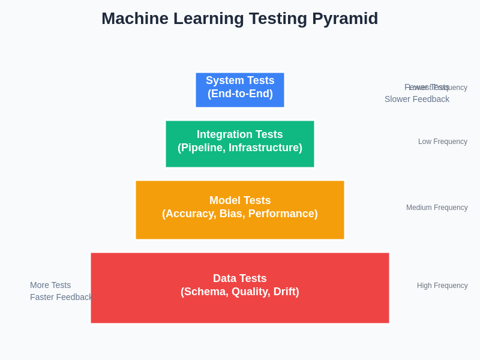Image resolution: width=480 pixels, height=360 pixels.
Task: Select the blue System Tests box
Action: coord(240,90)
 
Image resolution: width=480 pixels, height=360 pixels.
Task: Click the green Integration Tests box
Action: coord(240,144)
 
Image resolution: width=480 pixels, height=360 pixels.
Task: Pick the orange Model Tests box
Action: coord(240,210)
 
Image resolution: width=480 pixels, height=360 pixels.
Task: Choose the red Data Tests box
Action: coord(240,288)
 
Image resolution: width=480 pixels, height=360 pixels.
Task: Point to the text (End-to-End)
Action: coord(240,94)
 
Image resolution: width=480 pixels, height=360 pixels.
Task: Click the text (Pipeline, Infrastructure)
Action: coord(240,148)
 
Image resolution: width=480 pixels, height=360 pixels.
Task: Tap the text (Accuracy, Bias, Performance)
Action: coord(240,214)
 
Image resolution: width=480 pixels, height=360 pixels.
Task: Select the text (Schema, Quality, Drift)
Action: coord(240,292)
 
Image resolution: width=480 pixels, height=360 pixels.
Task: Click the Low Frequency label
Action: coord(443,142)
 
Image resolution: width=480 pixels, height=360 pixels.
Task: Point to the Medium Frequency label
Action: coord(437,208)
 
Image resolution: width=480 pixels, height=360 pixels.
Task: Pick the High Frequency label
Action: coord(442,286)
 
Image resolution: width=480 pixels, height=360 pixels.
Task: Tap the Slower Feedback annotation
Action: coord(417,99)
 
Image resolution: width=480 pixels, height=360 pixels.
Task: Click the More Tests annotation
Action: coord(50,285)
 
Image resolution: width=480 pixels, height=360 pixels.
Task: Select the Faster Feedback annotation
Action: coord(61,297)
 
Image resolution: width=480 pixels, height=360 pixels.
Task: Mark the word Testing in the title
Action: coord(274,19)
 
